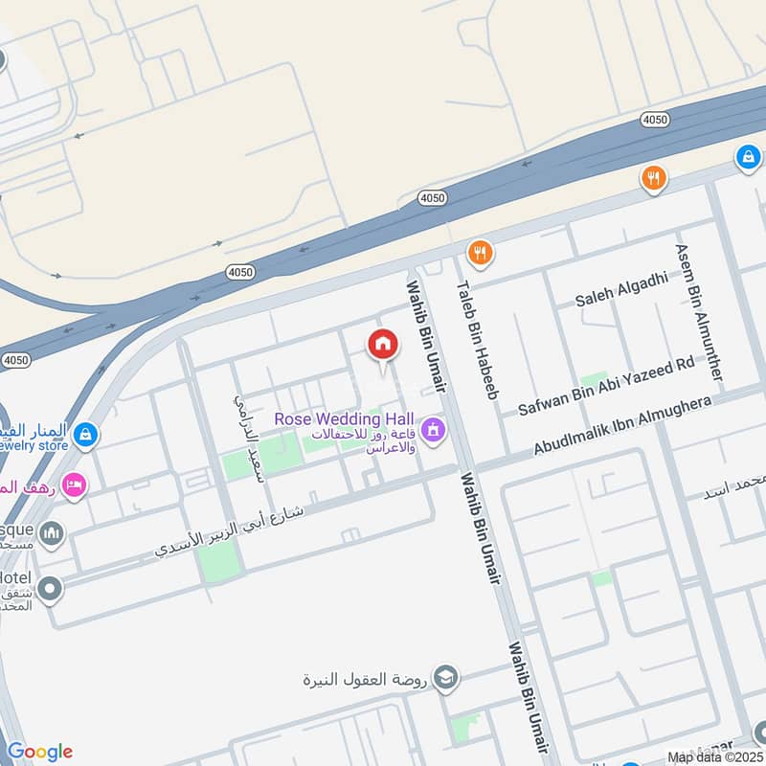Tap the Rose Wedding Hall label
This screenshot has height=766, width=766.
pos(344,419)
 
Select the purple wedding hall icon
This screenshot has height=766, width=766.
pos(433,430)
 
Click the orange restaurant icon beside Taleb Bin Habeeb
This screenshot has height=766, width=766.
pos(480,253)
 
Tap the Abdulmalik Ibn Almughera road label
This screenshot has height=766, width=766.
pos(622,426)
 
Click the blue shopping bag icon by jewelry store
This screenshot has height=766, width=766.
pos(86,434)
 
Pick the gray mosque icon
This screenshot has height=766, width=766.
pos(52,532)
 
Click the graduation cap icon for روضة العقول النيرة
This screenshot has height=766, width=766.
pos(444,679)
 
